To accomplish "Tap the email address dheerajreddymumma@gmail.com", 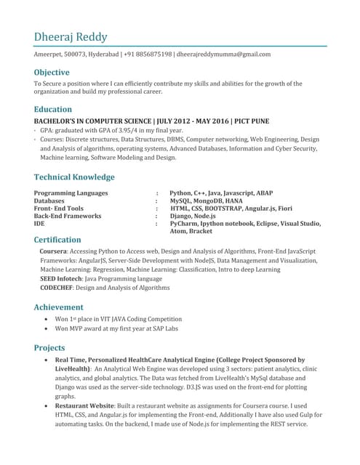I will point(224,54).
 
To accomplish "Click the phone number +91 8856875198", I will point(148,54).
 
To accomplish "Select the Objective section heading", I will point(52,73).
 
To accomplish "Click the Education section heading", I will point(52,110).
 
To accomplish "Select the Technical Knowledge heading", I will point(74,177).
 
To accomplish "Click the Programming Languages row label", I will point(71,193).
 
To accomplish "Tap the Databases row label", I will point(49,201).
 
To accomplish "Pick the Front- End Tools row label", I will point(59,209).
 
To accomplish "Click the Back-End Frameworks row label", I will point(68,217).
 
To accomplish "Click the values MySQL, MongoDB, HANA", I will point(207,201).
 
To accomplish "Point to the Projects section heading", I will point(49,348).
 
